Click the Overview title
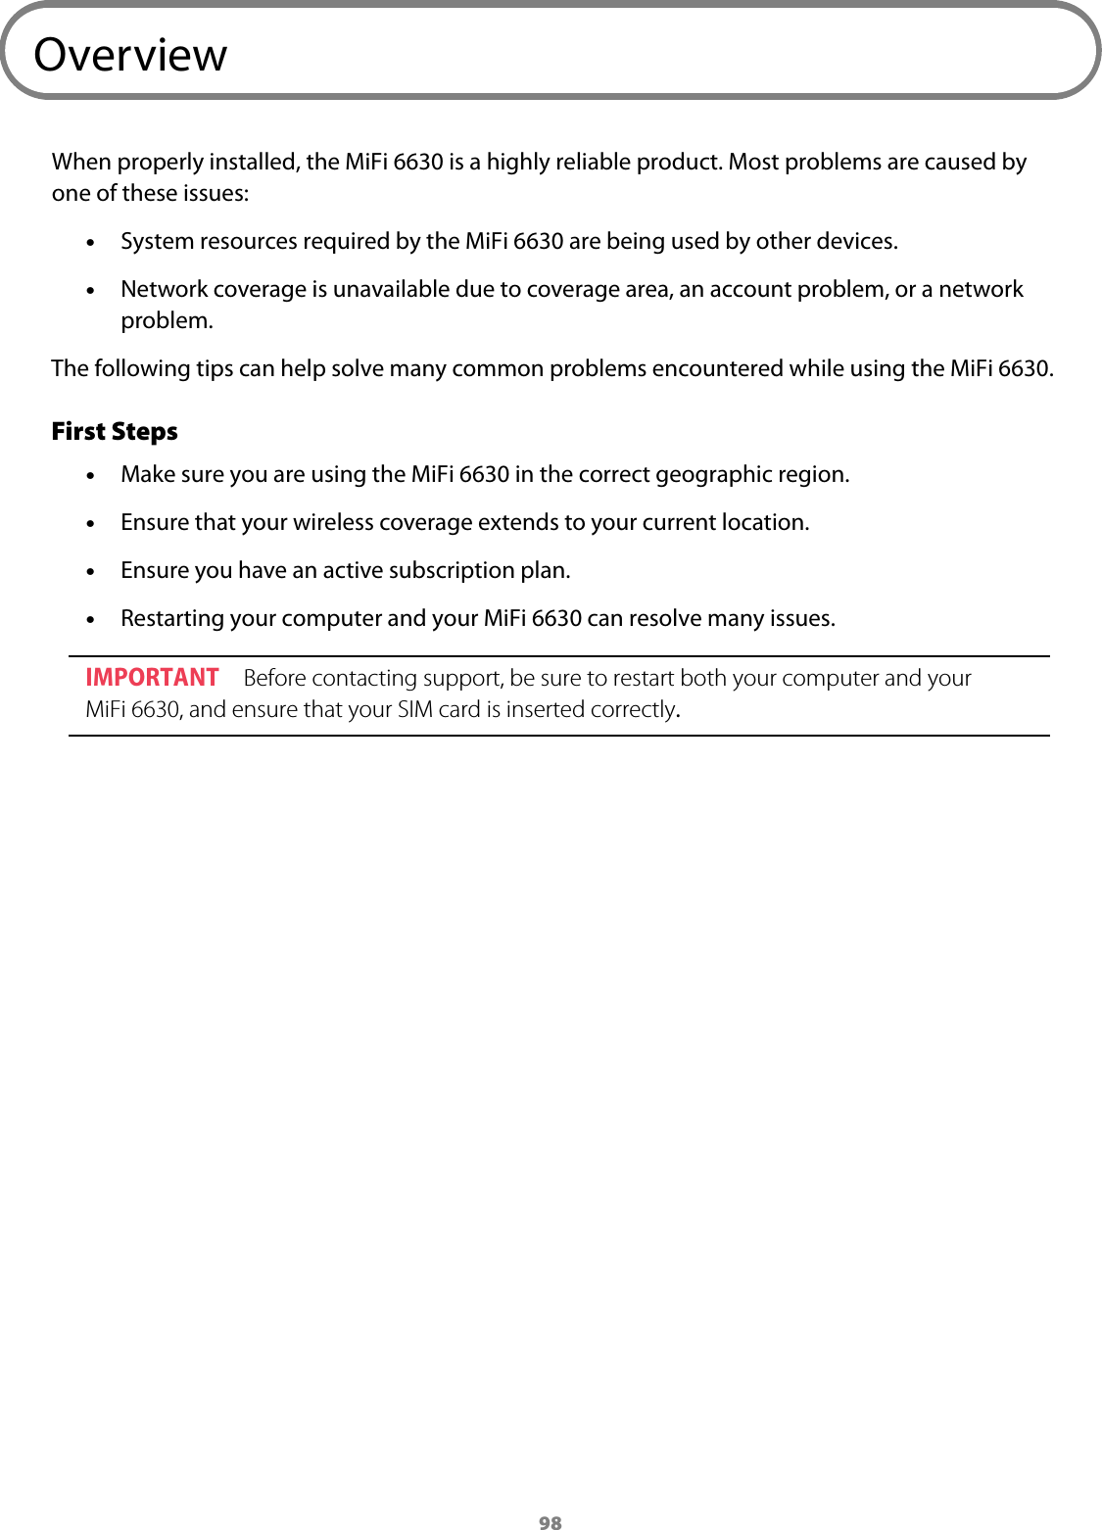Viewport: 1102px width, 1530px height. (130, 55)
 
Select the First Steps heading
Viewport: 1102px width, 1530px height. (115, 432)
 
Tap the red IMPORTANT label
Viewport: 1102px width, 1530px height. (152, 678)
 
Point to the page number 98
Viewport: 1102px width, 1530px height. (551, 1521)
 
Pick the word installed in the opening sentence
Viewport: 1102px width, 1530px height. (254, 162)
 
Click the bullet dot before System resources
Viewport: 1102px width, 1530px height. (91, 243)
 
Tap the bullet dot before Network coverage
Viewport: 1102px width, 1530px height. (91, 291)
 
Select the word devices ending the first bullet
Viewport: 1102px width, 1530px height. (856, 241)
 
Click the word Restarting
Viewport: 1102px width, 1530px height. (172, 619)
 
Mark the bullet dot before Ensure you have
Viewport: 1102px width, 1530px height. (91, 572)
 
